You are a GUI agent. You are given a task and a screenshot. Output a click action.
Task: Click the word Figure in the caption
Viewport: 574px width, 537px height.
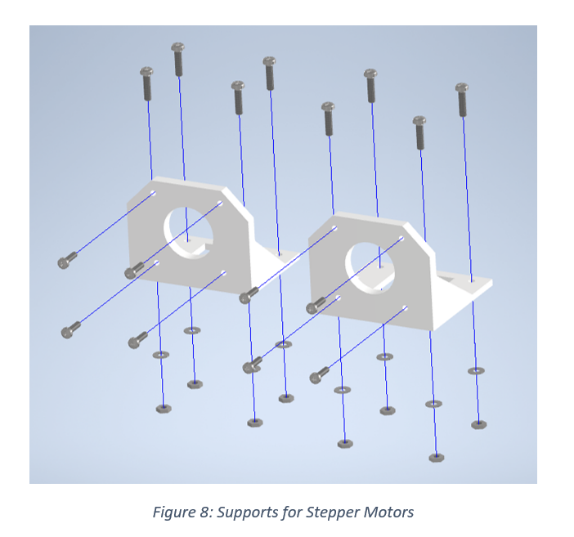173,513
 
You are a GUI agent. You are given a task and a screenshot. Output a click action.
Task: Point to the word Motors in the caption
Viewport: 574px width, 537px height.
387,513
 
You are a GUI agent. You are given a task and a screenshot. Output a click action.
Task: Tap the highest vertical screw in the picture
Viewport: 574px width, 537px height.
177,59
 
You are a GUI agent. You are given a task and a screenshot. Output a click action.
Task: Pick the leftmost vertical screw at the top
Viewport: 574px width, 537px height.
147,83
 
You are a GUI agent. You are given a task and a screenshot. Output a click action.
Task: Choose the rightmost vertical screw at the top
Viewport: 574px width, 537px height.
462,99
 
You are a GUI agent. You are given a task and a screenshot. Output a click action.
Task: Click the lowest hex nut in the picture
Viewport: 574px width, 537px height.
437,458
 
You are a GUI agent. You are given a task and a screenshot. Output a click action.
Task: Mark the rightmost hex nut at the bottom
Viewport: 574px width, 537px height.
478,424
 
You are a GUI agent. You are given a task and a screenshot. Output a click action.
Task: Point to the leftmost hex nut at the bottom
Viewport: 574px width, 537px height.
164,408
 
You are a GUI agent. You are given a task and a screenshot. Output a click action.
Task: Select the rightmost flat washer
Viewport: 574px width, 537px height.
475,371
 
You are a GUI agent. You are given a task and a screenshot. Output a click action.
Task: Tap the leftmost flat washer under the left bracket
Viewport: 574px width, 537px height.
161,356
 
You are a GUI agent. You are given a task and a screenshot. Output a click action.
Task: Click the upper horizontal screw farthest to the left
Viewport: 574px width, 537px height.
67,261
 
